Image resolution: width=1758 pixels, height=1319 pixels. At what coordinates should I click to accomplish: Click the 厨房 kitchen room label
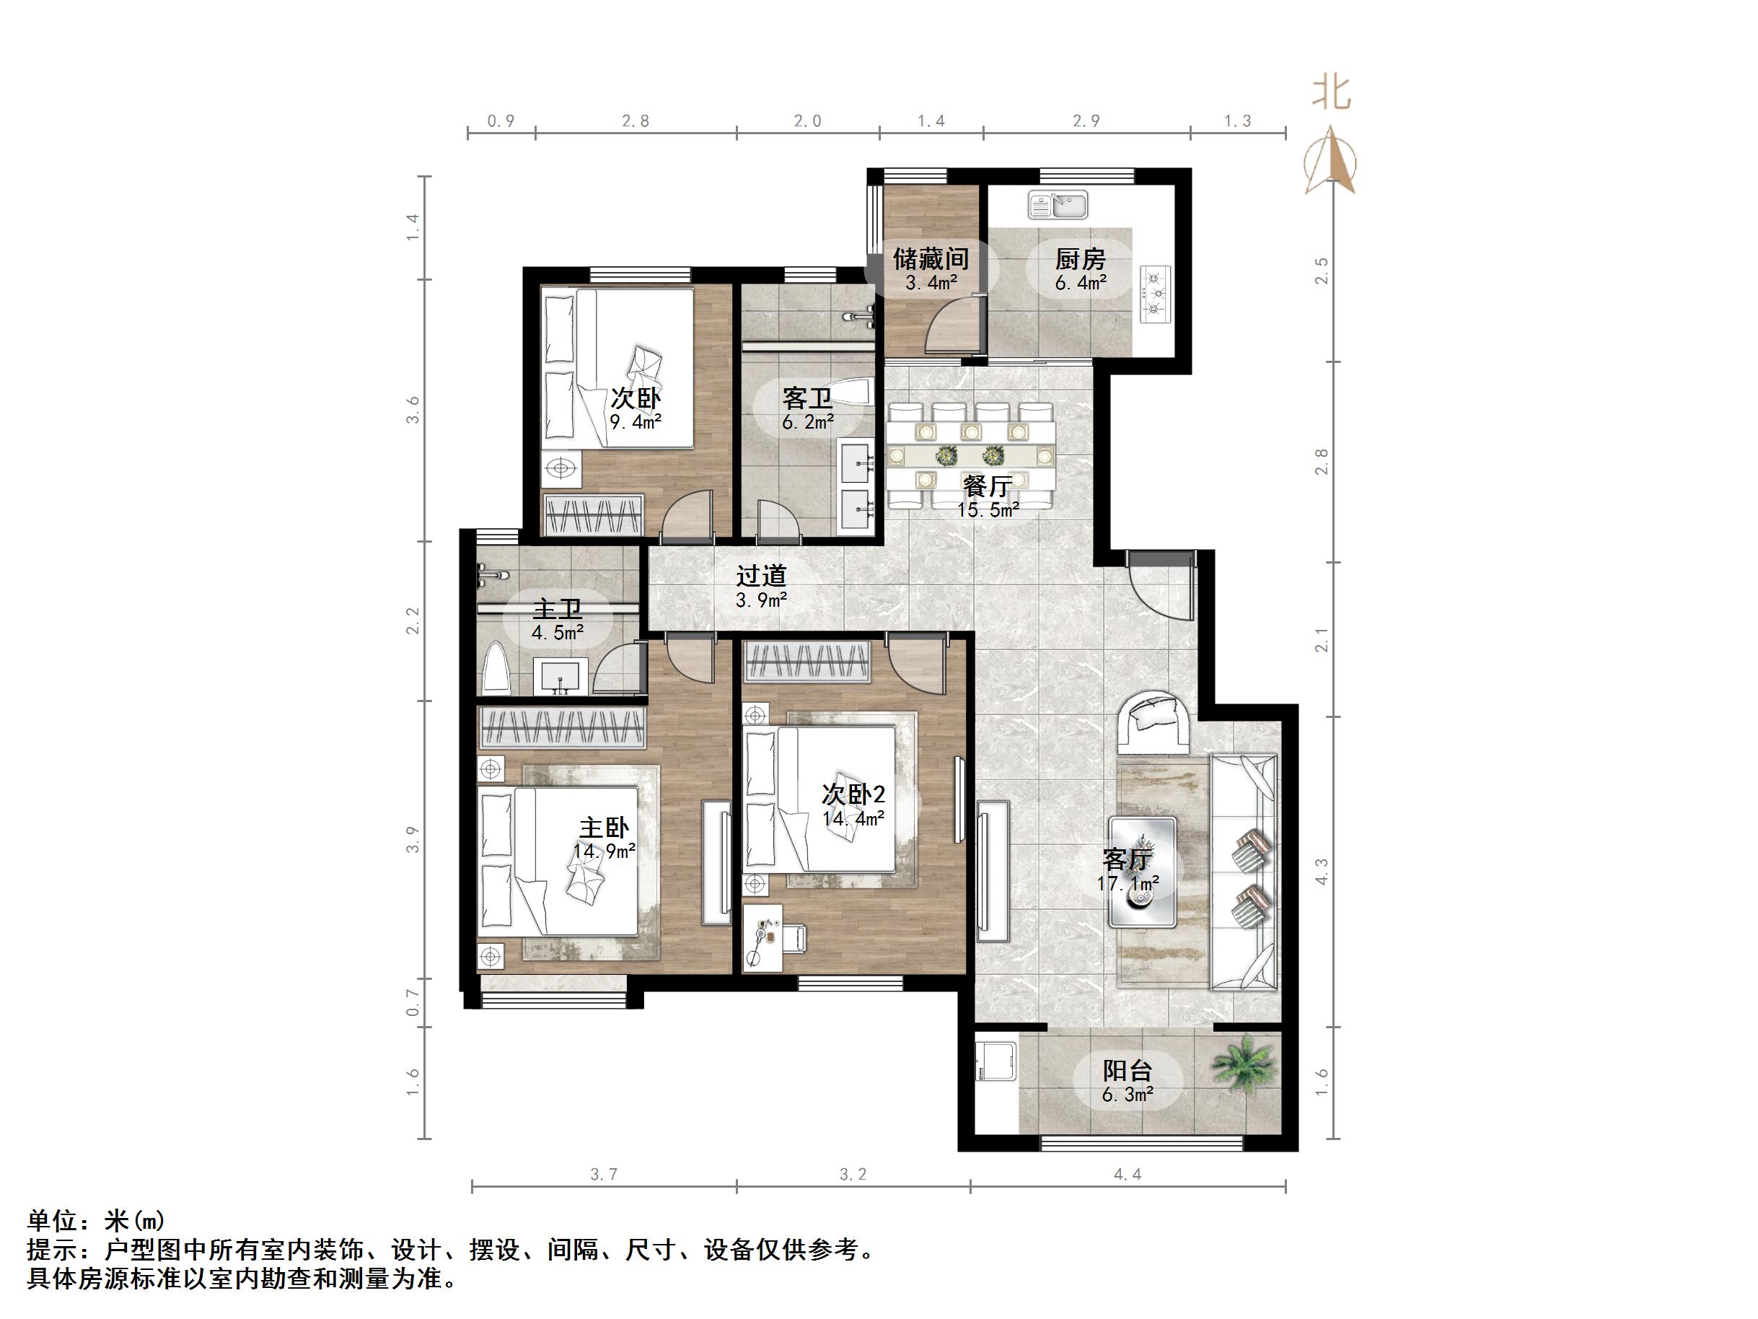(x=1080, y=259)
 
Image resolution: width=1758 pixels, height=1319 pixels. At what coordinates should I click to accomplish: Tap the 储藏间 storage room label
(x=931, y=259)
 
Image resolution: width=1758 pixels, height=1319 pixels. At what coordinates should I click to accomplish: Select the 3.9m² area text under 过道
(x=760, y=600)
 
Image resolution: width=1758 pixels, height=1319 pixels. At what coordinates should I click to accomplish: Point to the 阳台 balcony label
(x=1127, y=1071)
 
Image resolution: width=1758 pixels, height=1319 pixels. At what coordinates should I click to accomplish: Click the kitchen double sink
(x=1058, y=205)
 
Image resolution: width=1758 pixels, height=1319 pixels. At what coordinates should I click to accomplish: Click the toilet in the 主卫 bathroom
(x=497, y=667)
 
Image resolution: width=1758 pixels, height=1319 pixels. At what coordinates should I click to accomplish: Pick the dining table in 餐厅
(x=972, y=456)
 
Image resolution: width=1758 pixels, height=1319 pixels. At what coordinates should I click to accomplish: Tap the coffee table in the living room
(x=1142, y=872)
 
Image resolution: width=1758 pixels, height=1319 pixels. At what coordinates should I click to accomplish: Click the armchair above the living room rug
(x=1153, y=724)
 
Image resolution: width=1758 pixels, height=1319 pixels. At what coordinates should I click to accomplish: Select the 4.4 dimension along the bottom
(x=1127, y=1174)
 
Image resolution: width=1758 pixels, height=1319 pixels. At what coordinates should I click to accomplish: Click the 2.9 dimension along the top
(x=1086, y=120)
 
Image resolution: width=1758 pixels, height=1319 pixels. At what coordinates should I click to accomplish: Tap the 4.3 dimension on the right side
(x=1322, y=872)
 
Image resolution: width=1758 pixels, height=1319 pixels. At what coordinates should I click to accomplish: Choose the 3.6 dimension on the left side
(x=412, y=411)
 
